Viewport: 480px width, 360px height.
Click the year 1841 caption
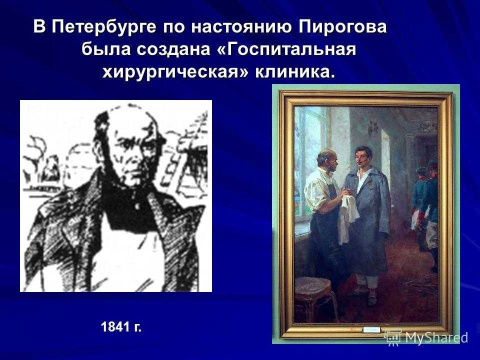click(x=121, y=327)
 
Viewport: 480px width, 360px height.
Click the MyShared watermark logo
click(x=426, y=337)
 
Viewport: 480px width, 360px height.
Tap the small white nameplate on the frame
click(x=371, y=330)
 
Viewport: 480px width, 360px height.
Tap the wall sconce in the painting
click(x=373, y=126)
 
